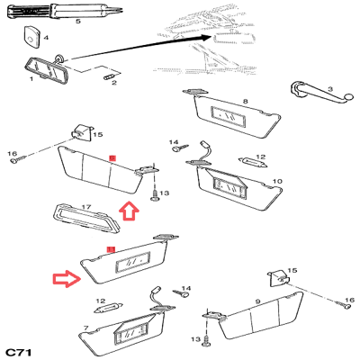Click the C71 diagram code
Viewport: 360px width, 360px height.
click(19, 352)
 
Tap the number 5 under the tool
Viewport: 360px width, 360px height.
click(78, 22)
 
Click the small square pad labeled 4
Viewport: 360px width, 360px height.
click(31, 36)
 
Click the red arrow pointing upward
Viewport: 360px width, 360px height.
click(129, 211)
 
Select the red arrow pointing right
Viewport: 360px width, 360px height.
click(67, 279)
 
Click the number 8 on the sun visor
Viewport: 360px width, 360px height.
click(246, 102)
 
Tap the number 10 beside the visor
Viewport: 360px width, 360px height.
click(277, 181)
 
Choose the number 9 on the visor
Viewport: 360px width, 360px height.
click(258, 301)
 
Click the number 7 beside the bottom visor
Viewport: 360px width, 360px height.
click(86, 328)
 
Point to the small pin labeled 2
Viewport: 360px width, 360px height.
click(109, 77)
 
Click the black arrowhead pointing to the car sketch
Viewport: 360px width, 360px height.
click(205, 38)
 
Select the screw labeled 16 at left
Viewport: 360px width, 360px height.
click(18, 159)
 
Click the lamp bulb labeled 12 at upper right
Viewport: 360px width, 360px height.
click(253, 162)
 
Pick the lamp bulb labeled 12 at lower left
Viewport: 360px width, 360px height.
click(108, 309)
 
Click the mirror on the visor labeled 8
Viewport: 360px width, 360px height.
click(229, 117)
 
